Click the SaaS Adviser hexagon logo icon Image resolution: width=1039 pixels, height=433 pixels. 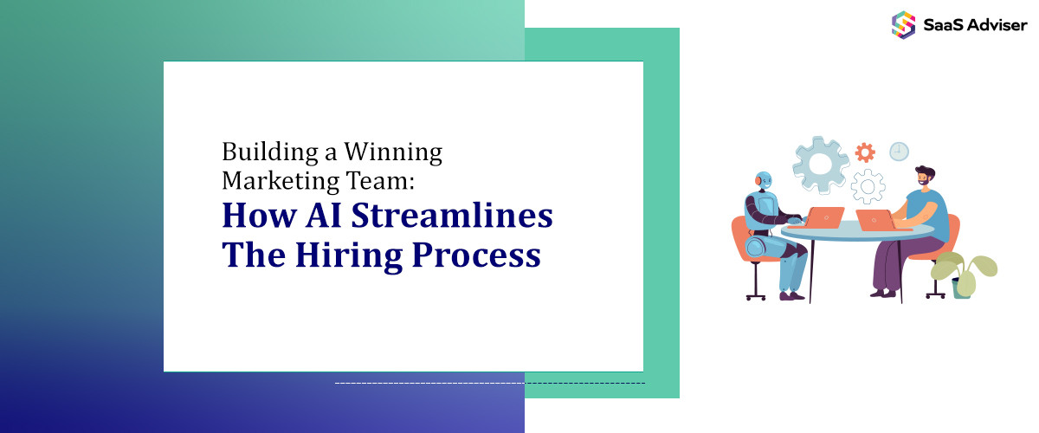point(903,24)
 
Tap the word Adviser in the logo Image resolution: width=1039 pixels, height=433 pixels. point(998,25)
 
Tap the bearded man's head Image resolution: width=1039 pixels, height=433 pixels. point(925,179)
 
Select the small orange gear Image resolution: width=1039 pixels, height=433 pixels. point(864,152)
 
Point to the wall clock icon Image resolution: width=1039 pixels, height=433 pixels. point(900,152)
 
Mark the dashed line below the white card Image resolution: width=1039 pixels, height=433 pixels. point(489,382)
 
